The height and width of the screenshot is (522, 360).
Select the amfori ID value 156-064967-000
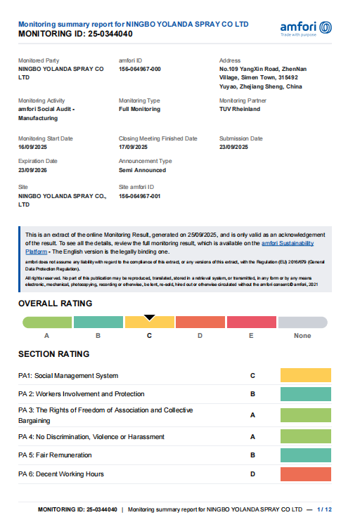click(x=140, y=70)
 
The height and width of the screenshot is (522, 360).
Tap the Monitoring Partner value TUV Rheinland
click(x=240, y=110)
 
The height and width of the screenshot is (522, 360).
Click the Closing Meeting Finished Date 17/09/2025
click(x=134, y=147)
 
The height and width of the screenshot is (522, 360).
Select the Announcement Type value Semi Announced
click(x=143, y=170)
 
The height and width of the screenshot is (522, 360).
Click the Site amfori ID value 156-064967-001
click(x=140, y=196)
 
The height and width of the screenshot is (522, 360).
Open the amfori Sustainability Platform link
click(x=288, y=243)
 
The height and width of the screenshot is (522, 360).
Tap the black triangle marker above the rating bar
click(x=149, y=318)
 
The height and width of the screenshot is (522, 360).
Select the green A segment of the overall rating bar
click(x=46, y=322)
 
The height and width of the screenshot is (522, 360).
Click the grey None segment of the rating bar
click(x=302, y=322)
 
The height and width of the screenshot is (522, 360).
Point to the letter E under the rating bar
click(x=251, y=336)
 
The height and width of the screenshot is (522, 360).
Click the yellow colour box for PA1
click(x=305, y=376)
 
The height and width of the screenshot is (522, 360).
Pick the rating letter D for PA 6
click(x=252, y=475)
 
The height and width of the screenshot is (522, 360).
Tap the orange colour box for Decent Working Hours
click(x=305, y=475)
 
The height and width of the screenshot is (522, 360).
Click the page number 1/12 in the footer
click(x=324, y=509)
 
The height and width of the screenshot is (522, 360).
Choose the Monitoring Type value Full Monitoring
click(x=139, y=110)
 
